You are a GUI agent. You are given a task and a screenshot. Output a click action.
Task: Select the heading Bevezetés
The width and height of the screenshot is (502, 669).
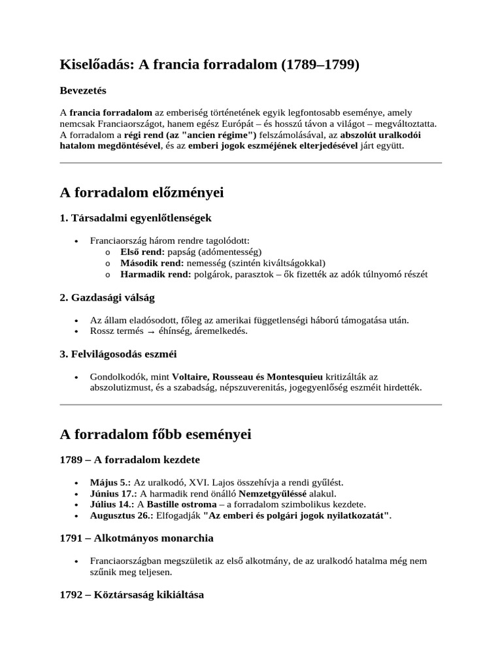pyautogui.click(x=83, y=90)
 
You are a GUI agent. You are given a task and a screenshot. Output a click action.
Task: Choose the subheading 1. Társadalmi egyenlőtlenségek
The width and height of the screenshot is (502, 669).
pyautogui.click(x=135, y=218)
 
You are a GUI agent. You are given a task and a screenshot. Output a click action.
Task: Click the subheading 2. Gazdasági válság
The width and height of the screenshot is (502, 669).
pyautogui.click(x=107, y=298)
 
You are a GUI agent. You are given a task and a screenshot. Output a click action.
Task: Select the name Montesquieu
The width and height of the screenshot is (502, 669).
pyautogui.click(x=292, y=377)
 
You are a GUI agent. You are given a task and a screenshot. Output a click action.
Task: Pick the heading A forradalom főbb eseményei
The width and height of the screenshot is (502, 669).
pyautogui.click(x=155, y=434)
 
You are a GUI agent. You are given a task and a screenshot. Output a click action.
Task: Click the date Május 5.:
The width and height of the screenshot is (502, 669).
pyautogui.click(x=110, y=481)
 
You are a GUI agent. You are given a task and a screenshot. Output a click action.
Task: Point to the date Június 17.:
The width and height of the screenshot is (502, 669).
pyautogui.click(x=114, y=493)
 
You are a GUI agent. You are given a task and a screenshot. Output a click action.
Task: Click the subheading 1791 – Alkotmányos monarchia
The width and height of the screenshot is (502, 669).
pyautogui.click(x=137, y=538)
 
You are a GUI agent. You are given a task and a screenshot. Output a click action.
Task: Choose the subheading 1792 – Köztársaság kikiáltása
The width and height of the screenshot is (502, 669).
pyautogui.click(x=131, y=595)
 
